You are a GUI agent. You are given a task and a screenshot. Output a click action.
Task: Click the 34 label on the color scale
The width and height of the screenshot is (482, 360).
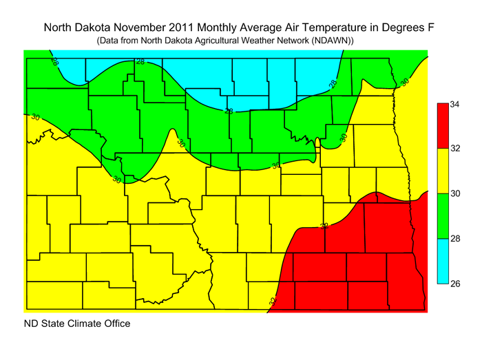click(x=455, y=105)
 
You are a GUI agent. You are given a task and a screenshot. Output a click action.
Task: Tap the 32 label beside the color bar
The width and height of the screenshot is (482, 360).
click(x=455, y=149)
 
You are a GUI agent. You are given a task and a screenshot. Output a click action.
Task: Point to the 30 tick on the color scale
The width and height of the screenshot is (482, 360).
click(x=455, y=194)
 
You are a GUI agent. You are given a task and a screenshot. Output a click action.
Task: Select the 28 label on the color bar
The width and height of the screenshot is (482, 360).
click(x=455, y=239)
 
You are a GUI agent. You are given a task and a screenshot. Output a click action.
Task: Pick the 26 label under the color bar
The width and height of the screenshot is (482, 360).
click(x=455, y=283)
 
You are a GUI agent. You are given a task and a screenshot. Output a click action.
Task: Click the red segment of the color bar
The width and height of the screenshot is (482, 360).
click(x=443, y=127)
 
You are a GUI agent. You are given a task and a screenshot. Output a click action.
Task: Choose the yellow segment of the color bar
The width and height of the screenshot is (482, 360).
click(x=443, y=171)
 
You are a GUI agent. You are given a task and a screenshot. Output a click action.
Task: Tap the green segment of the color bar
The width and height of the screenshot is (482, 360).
click(x=443, y=216)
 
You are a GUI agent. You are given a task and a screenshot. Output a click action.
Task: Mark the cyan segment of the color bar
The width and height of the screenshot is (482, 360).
click(x=443, y=261)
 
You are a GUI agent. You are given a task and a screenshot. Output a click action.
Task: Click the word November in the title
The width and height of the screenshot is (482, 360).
click(x=138, y=28)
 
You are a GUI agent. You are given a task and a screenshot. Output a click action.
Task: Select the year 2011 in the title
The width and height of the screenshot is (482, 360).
click(x=180, y=28)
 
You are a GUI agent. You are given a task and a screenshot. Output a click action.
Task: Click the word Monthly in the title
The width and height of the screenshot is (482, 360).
click(x=219, y=28)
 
